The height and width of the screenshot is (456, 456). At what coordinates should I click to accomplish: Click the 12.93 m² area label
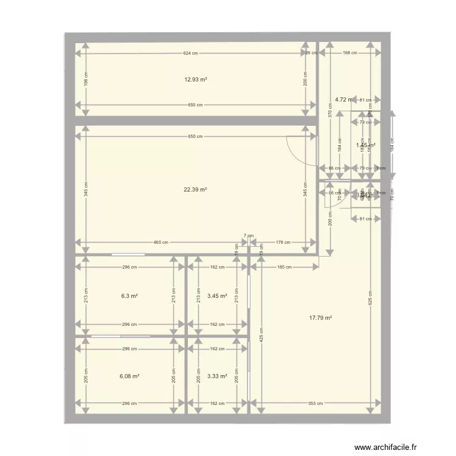[x=196, y=80]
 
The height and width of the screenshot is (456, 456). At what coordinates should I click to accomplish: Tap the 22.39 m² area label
[x=196, y=190]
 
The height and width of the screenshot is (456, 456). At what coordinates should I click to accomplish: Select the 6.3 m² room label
[x=130, y=296]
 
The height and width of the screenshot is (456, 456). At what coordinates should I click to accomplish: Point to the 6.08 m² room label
[x=130, y=376]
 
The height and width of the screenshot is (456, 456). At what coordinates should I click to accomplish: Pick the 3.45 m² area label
[x=217, y=296]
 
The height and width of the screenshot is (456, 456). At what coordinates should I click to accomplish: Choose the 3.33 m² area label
[x=217, y=376]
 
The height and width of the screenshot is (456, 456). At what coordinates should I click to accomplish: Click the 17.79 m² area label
[x=320, y=317]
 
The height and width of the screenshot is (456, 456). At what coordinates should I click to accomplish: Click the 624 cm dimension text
[x=190, y=54]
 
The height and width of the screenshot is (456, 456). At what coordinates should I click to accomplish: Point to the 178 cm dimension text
[x=283, y=243]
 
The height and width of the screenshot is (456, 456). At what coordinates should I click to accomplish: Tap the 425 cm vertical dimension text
[x=261, y=335]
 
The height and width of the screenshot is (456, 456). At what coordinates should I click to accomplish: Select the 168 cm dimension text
[x=350, y=54]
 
